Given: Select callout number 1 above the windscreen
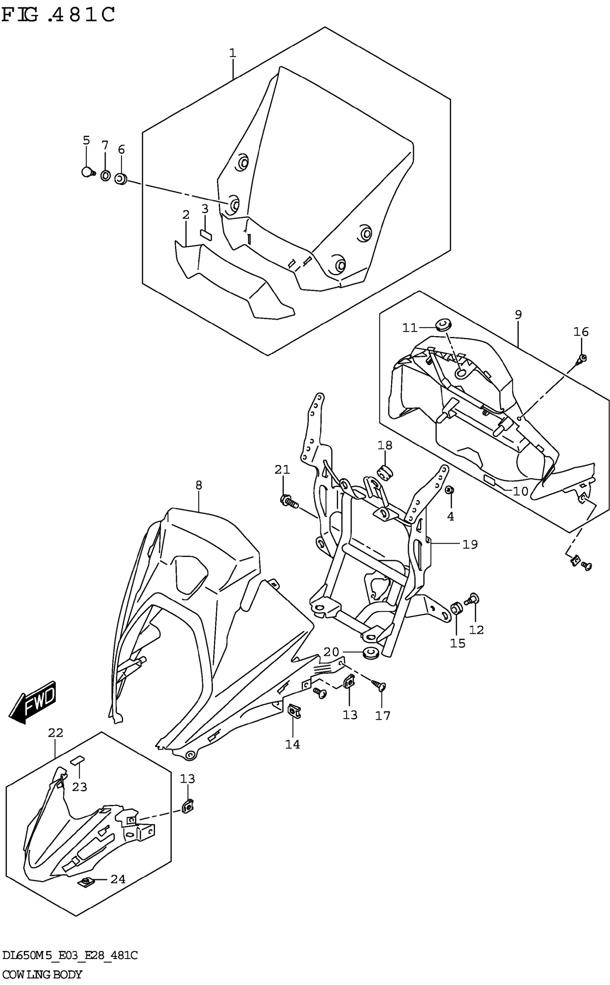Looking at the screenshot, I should (233, 53).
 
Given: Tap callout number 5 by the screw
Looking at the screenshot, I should (86, 140).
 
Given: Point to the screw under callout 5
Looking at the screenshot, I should (87, 172).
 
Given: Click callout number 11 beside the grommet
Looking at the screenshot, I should (409, 328).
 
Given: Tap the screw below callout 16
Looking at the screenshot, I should (582, 358).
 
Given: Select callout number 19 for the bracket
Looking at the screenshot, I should (470, 545).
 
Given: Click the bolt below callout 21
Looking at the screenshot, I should (288, 501).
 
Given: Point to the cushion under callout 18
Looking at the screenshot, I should (385, 471).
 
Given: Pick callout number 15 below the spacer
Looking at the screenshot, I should (457, 643).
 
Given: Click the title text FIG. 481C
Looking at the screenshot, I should (58, 15).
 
